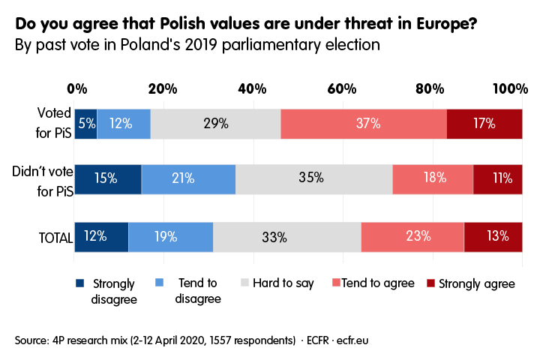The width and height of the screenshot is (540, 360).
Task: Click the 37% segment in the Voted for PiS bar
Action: click(363, 123)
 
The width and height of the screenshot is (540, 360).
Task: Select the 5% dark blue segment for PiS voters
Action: click(85, 123)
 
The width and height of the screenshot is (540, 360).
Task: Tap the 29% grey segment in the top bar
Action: click(215, 123)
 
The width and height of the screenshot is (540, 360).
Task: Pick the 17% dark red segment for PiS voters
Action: click(484, 123)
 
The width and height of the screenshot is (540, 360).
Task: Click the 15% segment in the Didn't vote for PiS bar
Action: click(108, 178)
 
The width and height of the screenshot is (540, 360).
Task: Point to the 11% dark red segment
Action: click(498, 178)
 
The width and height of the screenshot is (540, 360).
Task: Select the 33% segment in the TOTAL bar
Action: click(286, 237)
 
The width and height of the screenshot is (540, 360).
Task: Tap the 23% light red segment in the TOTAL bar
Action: click(412, 237)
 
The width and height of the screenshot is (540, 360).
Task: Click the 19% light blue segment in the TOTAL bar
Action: click(171, 237)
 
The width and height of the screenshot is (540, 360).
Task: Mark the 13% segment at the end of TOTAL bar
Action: click(493, 237)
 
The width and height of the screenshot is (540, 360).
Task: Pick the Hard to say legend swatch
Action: click(244, 283)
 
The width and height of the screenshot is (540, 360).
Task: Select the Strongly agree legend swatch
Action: click(430, 283)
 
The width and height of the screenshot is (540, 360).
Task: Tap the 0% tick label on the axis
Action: click(76, 89)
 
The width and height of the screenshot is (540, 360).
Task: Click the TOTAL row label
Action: click(55, 238)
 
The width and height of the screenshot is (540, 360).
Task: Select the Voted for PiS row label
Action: click(54, 123)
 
